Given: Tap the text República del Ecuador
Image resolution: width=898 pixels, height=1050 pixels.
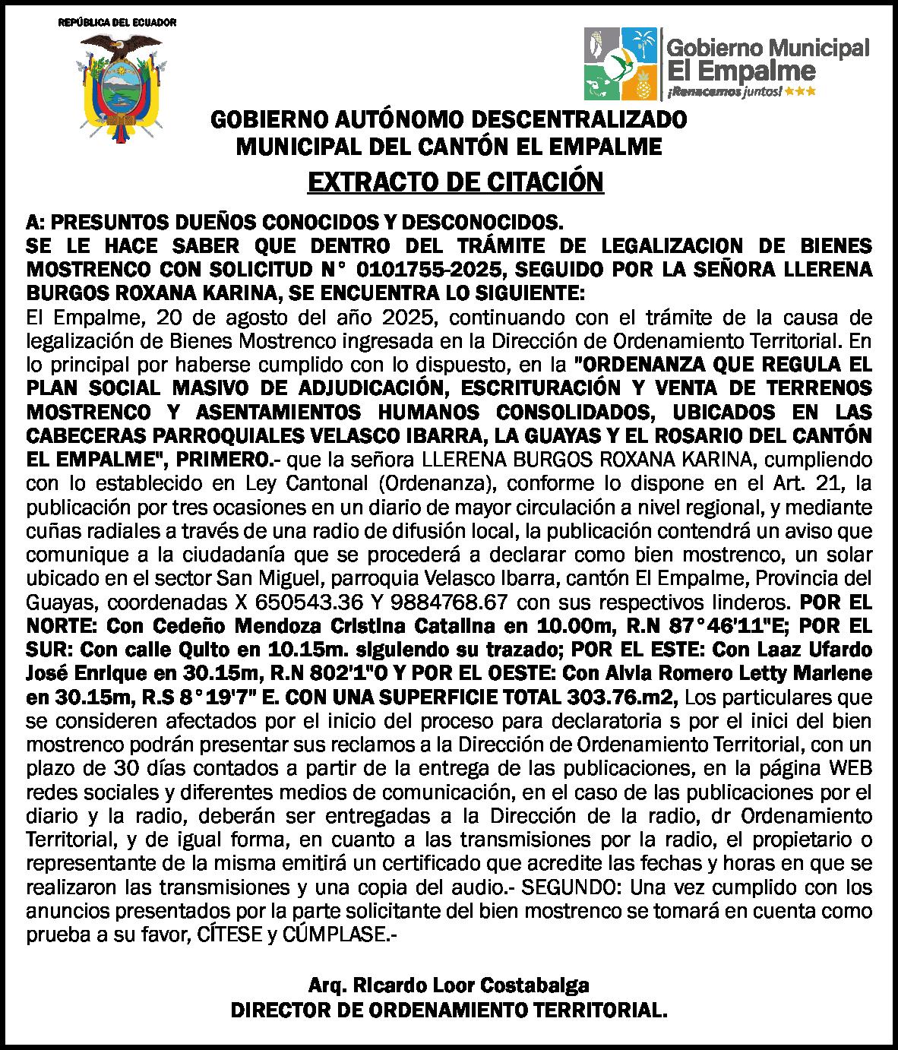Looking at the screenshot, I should pyautogui.click(x=118, y=22).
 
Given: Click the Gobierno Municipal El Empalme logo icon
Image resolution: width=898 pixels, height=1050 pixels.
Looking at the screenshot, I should pyautogui.click(x=620, y=64).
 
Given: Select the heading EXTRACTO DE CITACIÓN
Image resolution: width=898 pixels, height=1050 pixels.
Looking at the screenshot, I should pyautogui.click(x=455, y=182).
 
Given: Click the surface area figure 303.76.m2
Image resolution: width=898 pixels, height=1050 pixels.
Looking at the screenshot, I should pyautogui.click(x=625, y=697).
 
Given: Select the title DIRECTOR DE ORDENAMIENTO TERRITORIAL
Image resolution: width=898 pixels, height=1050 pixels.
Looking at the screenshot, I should pyautogui.click(x=450, y=1010).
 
